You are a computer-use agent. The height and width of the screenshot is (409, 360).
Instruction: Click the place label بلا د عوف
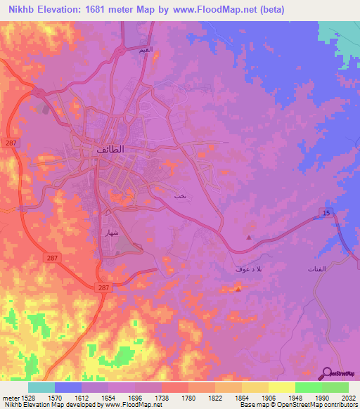[x=249, y=270]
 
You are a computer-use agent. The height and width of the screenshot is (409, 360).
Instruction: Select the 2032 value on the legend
[x=349, y=397]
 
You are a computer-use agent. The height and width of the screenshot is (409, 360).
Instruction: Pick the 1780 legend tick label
[x=188, y=397]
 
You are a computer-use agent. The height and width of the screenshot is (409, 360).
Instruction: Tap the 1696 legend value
[x=136, y=397]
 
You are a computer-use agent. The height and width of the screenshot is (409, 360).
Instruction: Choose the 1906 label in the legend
[x=268, y=397]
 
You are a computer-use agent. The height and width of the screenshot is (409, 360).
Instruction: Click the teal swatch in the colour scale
[x=41, y=387]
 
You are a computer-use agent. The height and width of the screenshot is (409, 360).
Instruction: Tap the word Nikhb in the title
[x=18, y=9]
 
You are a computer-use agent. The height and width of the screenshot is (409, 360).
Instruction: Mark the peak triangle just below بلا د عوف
[x=239, y=288]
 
